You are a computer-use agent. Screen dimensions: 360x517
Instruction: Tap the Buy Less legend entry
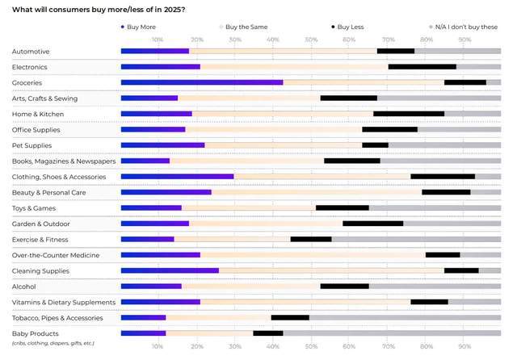click(349, 27)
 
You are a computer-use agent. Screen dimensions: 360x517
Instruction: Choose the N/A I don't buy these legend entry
click(466, 27)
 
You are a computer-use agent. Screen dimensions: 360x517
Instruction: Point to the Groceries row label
click(27, 82)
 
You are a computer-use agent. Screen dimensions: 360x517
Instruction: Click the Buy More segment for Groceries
click(201, 82)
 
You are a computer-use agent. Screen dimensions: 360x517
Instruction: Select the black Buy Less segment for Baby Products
click(268, 333)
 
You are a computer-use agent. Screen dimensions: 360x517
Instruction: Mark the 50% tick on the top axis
click(310, 39)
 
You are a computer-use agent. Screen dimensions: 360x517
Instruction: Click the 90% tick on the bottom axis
click(464, 346)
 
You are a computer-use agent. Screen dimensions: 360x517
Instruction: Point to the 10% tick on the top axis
click(158, 39)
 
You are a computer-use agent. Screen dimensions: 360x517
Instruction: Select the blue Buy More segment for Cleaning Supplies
click(170, 270)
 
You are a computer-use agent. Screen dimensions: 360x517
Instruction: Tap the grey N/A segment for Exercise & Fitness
click(416, 239)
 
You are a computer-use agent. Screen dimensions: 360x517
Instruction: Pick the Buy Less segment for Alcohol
click(345, 286)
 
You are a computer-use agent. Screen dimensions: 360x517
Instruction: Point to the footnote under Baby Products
click(53, 343)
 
